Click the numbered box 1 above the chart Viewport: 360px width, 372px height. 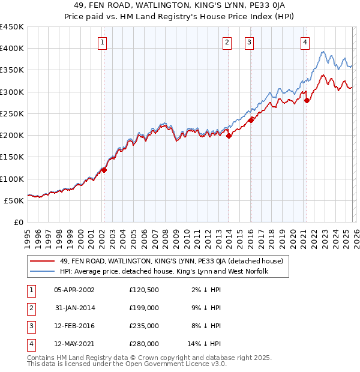point(103,42)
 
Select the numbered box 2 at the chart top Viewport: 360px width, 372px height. point(227,42)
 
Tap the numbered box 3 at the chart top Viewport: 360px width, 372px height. point(249,42)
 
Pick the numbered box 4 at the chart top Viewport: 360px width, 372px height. point(305,42)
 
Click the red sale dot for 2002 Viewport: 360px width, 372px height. point(104,170)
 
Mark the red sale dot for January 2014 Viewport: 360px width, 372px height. point(229,136)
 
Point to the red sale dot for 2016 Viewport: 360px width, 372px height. point(250,120)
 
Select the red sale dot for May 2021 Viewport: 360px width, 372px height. point(306,100)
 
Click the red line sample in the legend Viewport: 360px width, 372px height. point(42,261)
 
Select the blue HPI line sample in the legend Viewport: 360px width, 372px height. point(42,271)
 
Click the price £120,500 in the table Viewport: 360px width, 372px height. point(143,289)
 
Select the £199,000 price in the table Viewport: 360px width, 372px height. point(143,308)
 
